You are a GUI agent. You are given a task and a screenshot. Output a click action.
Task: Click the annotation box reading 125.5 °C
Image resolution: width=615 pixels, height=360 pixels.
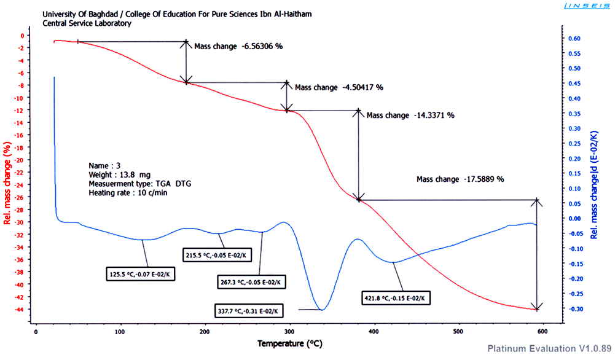click(x=141, y=274)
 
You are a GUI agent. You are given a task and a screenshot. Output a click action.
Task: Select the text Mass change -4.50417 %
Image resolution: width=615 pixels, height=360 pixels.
click(x=339, y=87)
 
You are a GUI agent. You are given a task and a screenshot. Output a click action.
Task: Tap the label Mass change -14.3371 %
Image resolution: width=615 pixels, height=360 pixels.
click(x=410, y=115)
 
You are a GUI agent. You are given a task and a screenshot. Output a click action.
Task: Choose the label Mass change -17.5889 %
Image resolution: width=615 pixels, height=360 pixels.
click(x=460, y=179)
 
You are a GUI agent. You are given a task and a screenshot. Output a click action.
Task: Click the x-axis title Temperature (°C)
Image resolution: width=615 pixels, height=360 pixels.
click(x=289, y=343)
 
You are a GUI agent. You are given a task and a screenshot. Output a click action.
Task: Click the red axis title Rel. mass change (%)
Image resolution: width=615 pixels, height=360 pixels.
click(x=7, y=184)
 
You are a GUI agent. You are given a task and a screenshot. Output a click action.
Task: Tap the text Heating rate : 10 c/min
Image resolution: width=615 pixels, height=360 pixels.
click(x=128, y=192)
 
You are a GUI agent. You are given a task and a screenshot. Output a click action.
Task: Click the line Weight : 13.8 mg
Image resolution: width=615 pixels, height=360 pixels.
click(x=120, y=174)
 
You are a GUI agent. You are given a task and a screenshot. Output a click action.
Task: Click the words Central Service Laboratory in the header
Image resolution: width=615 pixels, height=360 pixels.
click(x=87, y=23)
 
